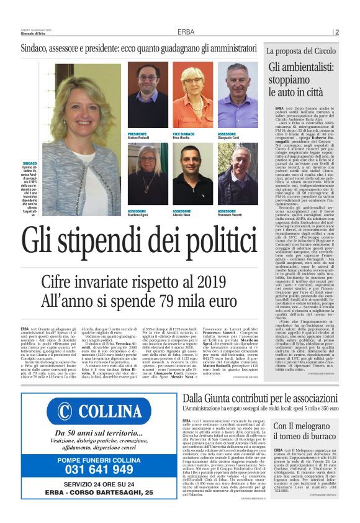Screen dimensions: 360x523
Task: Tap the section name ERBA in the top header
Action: pyautogui.click(x=186, y=32)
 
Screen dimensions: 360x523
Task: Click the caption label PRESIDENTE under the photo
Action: pyautogui.click(x=137, y=134)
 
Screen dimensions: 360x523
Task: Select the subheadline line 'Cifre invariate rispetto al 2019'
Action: pyautogui.click(x=131, y=283)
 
